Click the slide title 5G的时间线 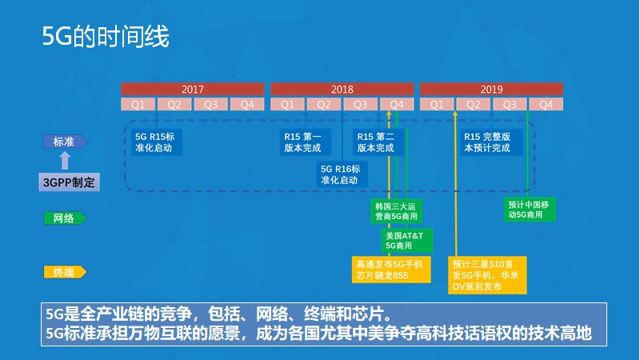106,38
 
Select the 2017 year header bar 193,89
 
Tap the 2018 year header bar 342,89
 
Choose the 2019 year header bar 491,89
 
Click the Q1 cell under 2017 138,104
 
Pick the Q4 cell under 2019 546,104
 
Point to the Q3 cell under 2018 360,104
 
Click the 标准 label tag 64,142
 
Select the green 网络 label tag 64,218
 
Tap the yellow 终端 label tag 64,273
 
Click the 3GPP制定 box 70,182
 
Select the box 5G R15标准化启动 155,142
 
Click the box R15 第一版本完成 302,142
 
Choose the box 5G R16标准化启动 340,174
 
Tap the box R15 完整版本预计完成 487,142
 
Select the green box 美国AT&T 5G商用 407,240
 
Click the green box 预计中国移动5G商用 530,210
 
